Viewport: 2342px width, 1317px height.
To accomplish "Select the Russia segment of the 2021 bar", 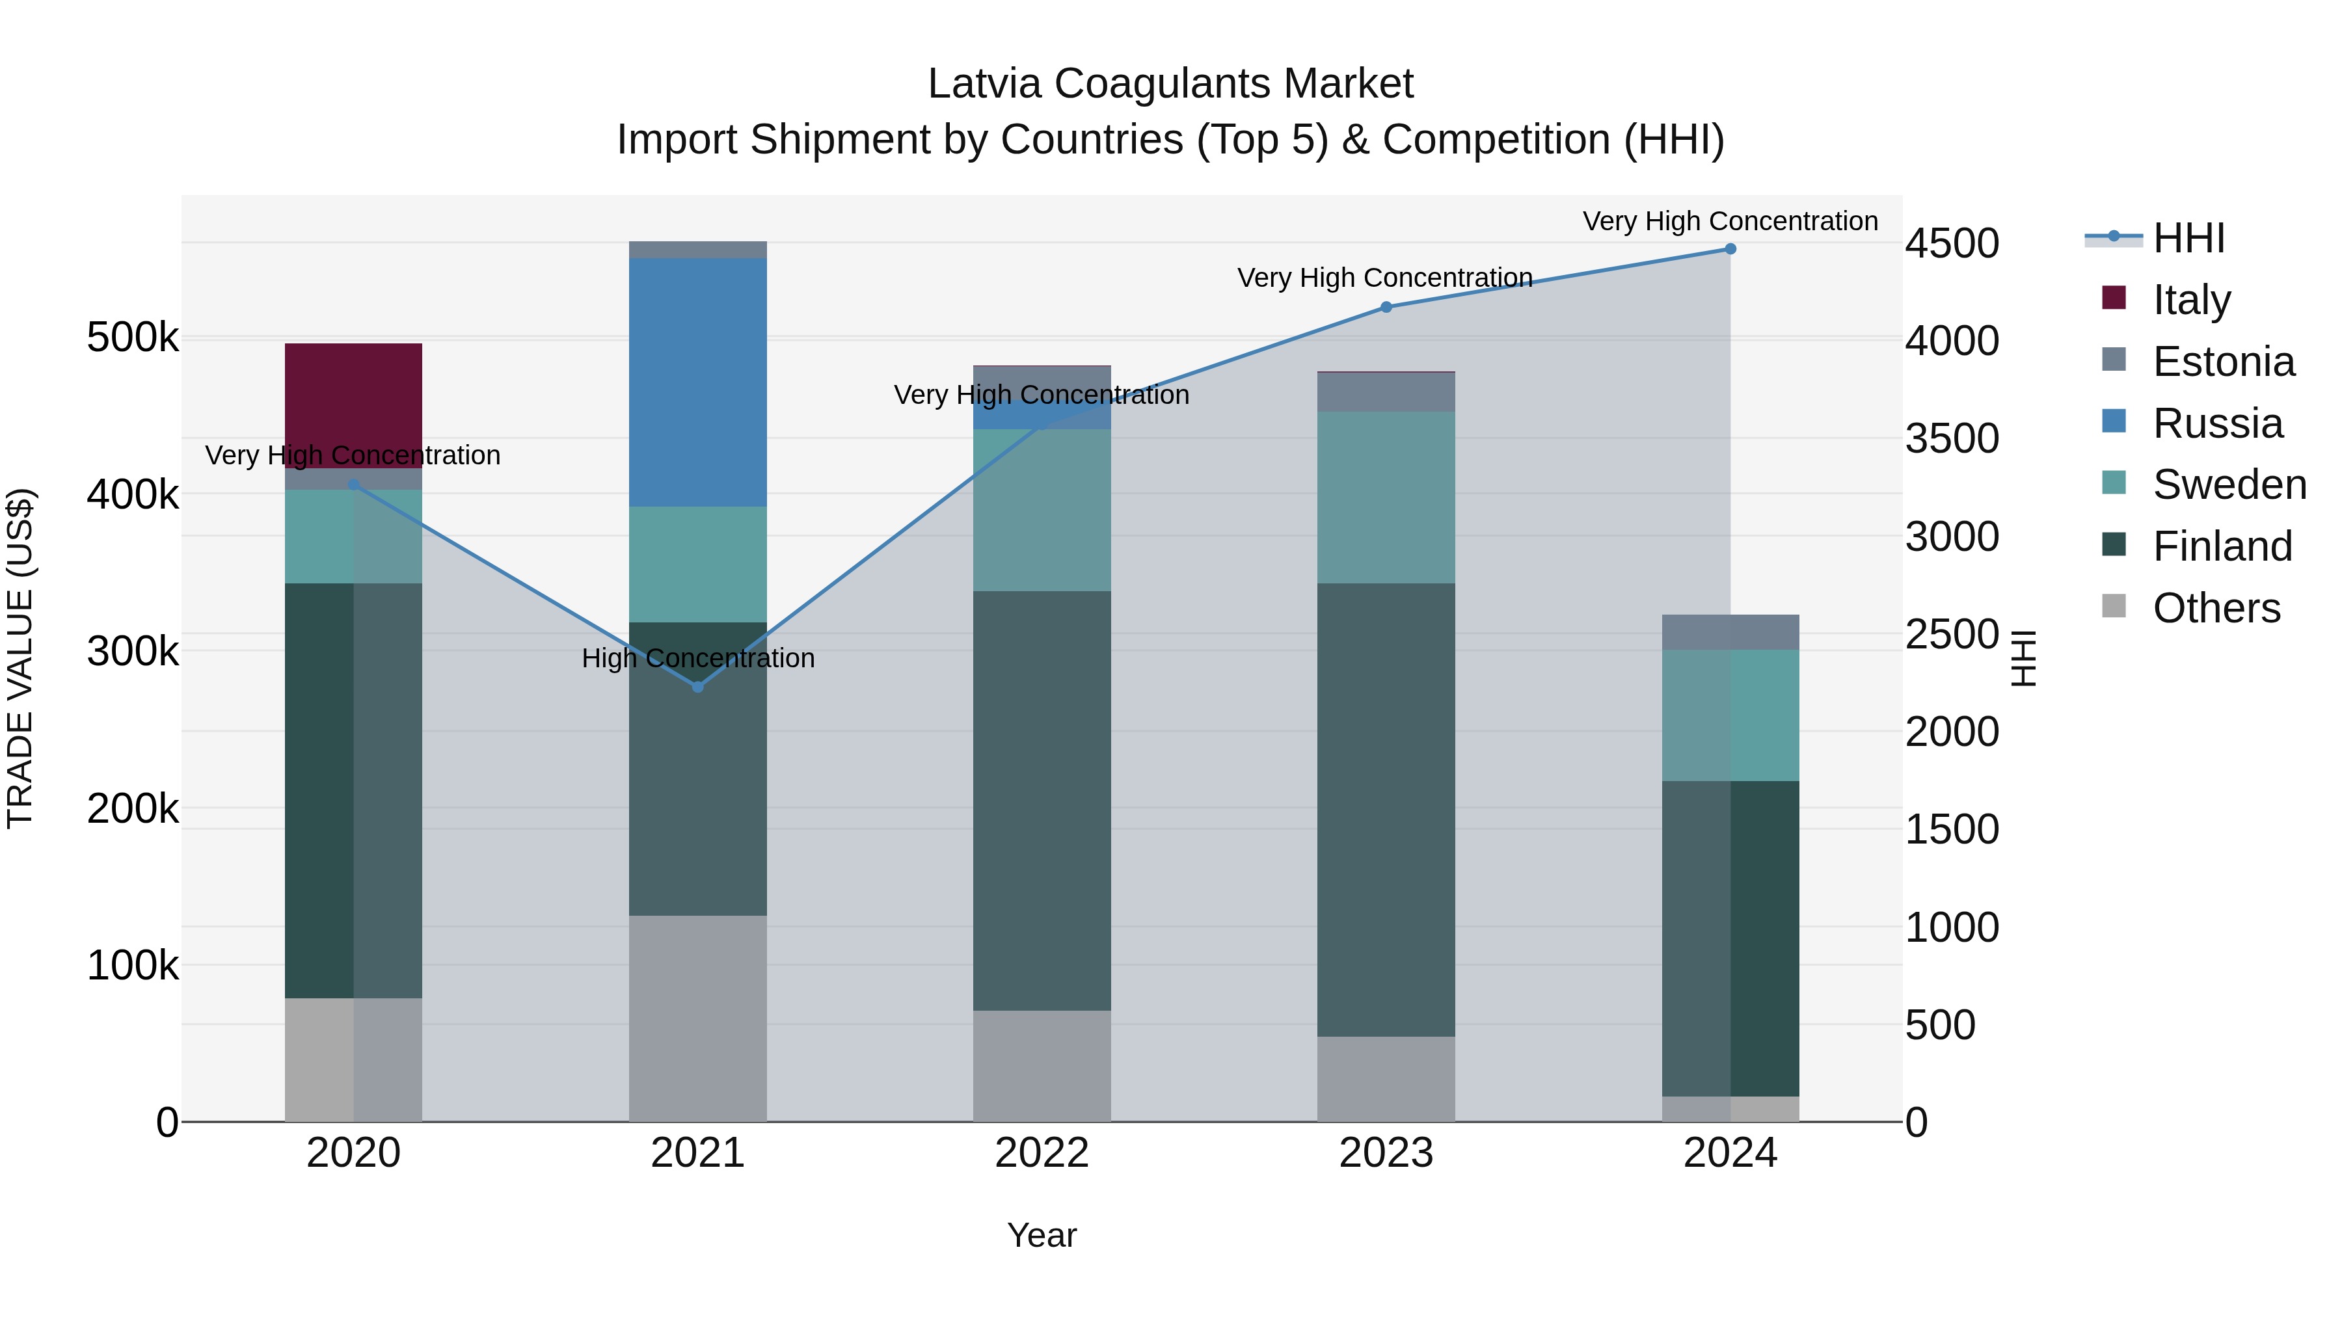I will click(x=697, y=382).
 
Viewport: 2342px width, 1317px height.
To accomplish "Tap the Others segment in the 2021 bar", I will click(x=697, y=1018).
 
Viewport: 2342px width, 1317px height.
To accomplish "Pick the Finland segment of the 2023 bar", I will click(x=1386, y=809).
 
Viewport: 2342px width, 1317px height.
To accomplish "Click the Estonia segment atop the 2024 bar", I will click(x=1729, y=632).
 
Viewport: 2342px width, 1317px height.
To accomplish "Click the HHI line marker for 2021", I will click(x=697, y=687).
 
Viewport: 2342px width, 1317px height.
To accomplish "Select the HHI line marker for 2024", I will click(x=1729, y=249).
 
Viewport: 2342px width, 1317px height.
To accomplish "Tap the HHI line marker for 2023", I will click(x=1386, y=307).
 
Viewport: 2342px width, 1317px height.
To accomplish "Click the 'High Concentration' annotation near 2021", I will click(x=697, y=658).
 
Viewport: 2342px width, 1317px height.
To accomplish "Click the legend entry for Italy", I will click(x=2191, y=300).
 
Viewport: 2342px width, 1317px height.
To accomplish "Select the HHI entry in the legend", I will click(x=2188, y=238).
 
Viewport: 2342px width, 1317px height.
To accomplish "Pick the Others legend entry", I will click(x=2216, y=608).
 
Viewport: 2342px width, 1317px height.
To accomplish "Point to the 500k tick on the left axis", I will click(x=133, y=338).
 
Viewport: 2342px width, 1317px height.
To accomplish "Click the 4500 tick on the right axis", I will click(x=1951, y=244).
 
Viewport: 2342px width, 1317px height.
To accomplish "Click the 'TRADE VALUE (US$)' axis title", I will click(x=20, y=658).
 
